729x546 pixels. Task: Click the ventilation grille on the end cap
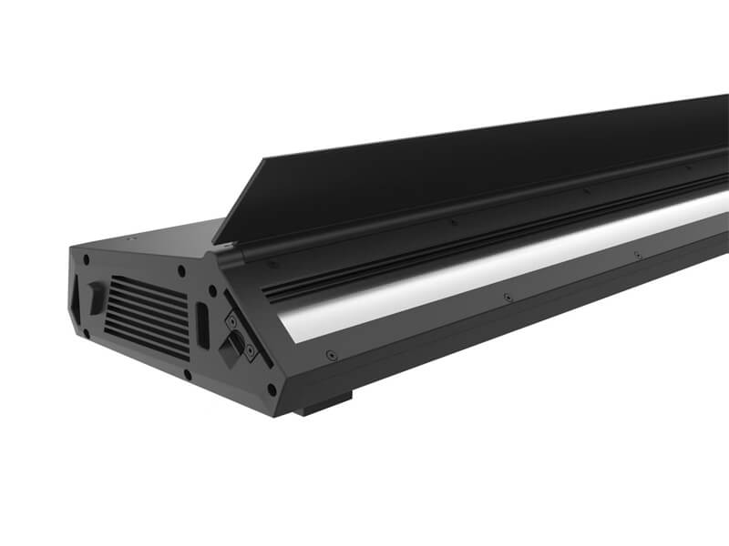click(146, 314)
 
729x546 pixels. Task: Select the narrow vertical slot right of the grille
click(202, 324)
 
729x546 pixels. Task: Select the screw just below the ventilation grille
click(186, 374)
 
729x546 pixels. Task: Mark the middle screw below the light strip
click(508, 298)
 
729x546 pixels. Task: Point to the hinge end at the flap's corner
click(222, 248)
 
